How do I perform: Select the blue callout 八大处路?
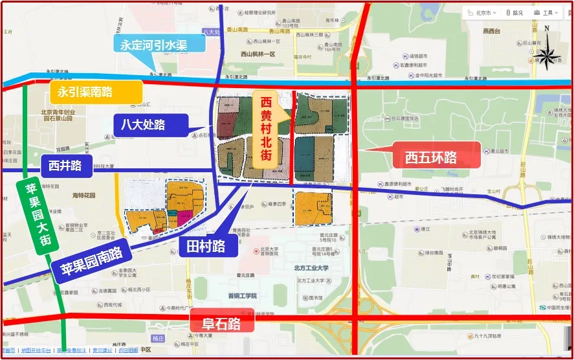coord(150,125)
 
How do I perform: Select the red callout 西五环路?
coord(431,157)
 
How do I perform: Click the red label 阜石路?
coord(222,323)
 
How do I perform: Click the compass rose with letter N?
coord(547,48)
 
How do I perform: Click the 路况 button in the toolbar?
coord(514,12)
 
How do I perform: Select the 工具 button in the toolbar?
coord(546,12)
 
